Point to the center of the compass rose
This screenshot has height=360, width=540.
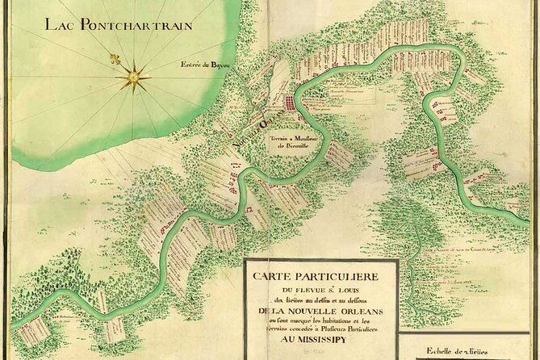132,77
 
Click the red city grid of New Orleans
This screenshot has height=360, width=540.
287,104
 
